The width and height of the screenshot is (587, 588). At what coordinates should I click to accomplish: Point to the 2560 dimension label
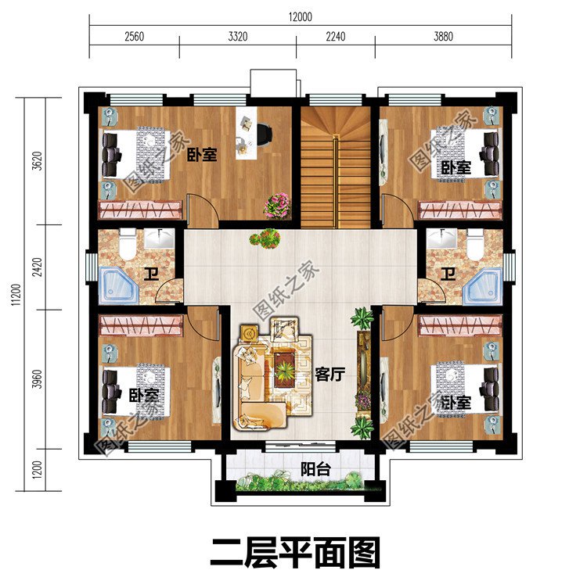(135, 36)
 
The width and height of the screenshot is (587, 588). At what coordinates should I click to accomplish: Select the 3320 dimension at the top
(237, 36)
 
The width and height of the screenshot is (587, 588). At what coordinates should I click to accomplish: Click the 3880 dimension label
(442, 36)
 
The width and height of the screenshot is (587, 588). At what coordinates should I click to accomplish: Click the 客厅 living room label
(330, 375)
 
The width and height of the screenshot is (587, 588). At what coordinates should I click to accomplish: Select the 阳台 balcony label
(315, 469)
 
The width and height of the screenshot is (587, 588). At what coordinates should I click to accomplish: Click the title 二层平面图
(294, 553)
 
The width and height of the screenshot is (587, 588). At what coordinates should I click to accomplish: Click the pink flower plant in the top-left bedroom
(276, 205)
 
